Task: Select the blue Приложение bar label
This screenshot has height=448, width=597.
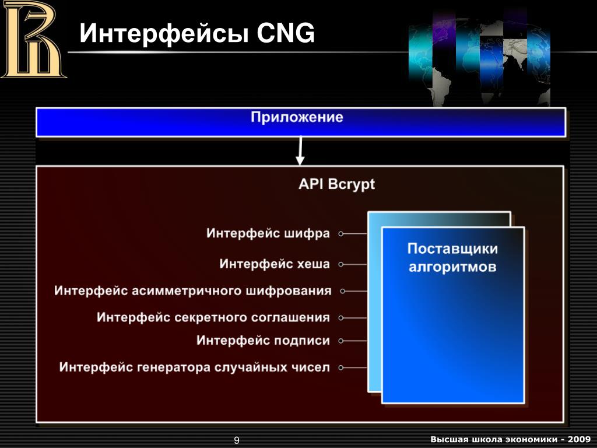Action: [x=297, y=117]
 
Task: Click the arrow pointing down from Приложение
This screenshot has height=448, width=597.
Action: [x=300, y=153]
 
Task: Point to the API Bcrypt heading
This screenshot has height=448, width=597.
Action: [x=336, y=184]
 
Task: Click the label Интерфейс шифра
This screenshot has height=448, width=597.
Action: [x=268, y=233]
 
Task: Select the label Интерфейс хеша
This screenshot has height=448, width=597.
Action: [x=275, y=264]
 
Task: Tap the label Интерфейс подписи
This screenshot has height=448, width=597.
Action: [x=263, y=340]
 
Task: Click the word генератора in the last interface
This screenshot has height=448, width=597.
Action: [x=174, y=367]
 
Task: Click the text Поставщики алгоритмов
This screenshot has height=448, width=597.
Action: [x=452, y=258]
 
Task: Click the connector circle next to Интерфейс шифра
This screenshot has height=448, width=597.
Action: [x=341, y=234]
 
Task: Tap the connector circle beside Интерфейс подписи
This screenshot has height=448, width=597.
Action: [x=341, y=341]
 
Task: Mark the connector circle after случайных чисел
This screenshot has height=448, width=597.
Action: [x=341, y=368]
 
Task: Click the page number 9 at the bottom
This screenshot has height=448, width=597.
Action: [x=237, y=440]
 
